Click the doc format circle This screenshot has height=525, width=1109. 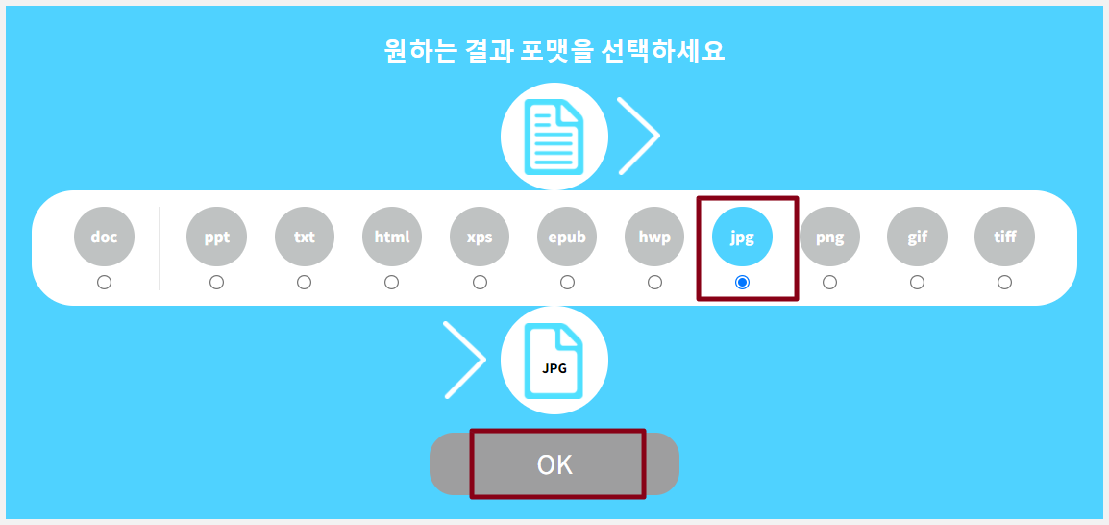coord(104,236)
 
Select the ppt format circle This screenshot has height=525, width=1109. coord(217,236)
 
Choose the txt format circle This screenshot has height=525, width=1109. coord(305,236)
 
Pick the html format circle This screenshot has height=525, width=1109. coord(392,236)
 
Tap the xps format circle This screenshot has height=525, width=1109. coord(480,236)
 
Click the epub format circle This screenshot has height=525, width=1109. coord(567,236)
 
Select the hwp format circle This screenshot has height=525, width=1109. coord(654,236)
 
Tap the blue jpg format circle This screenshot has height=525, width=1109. coord(742,236)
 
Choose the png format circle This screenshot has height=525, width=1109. coord(829,236)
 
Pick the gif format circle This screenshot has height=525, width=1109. coord(917,236)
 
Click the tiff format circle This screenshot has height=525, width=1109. coord(1004,236)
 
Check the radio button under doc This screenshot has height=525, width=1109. coord(104,282)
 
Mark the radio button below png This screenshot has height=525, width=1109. coord(829,282)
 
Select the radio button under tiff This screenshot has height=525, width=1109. coord(1004,282)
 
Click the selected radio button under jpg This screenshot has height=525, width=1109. coord(742,282)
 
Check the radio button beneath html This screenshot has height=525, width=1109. coord(392,282)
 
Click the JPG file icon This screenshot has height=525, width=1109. coord(554,362)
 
